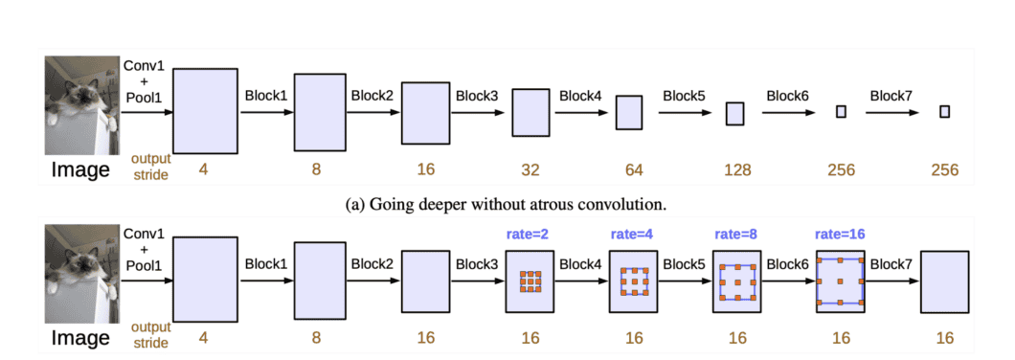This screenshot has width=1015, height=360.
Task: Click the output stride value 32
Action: click(530, 170)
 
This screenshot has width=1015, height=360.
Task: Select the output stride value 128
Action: click(734, 170)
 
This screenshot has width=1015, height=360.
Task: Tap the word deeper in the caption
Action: click(440, 203)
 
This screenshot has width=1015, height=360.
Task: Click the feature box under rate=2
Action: click(530, 281)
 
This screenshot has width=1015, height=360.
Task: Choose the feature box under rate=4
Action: click(633, 281)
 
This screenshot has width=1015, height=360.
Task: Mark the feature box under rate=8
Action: click(736, 281)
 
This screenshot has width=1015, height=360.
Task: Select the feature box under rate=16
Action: click(840, 281)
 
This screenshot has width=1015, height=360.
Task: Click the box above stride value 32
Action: click(530, 112)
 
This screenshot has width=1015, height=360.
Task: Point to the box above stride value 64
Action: click(628, 112)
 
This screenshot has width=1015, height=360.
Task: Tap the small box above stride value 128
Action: click(734, 113)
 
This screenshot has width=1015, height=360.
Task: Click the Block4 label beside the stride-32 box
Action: click(580, 96)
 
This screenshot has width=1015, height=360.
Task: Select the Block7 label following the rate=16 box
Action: click(891, 265)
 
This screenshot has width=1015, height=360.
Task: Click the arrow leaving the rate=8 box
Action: click(787, 281)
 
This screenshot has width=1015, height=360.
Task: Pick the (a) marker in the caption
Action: click(352, 203)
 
